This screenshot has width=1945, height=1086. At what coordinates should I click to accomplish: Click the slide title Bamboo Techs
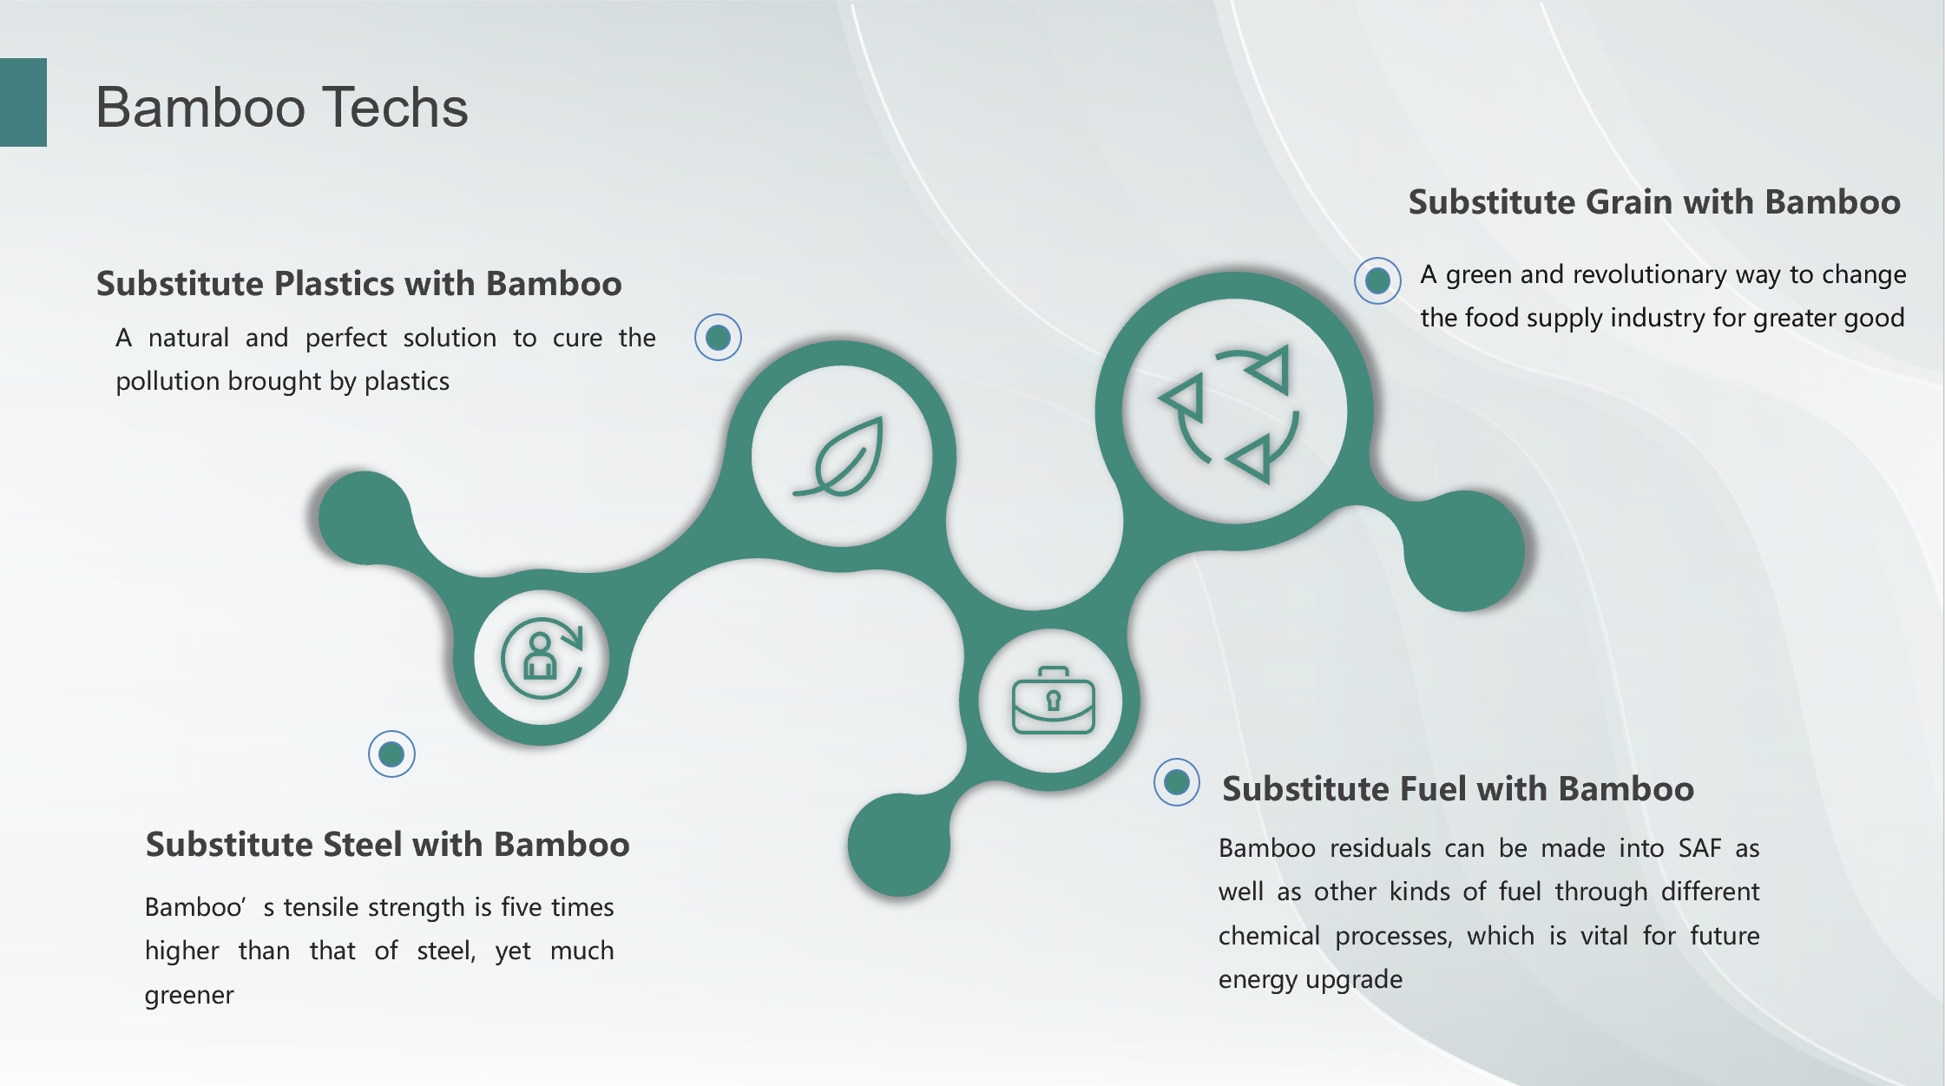coord(282,108)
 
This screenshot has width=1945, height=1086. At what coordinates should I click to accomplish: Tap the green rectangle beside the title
coord(23,102)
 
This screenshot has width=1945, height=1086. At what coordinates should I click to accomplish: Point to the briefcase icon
coord(1053,701)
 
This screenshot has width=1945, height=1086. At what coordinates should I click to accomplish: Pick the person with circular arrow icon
coord(542,658)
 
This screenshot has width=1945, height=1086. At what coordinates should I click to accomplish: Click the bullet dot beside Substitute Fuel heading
coord(1177,782)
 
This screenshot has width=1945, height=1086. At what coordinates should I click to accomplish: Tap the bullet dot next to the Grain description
coord(1377,280)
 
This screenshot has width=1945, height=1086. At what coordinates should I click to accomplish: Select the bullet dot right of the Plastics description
coord(718,337)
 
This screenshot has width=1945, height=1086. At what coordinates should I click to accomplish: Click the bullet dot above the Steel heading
coord(391,754)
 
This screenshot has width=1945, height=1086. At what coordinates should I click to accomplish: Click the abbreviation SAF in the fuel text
coord(1699,848)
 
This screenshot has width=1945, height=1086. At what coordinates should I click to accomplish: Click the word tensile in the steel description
coord(322,907)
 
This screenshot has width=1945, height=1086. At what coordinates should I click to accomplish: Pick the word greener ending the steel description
coord(189,996)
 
